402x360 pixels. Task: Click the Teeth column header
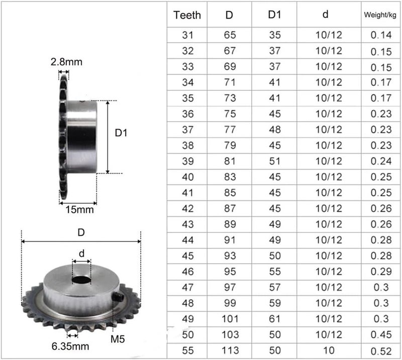point(187,15)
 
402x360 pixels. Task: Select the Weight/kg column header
point(380,15)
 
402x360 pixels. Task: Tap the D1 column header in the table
point(274,15)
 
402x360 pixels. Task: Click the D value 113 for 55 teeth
point(230,350)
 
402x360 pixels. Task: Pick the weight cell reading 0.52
point(381,351)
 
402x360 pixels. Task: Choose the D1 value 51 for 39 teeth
point(274,161)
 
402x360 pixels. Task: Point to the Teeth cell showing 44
point(187,240)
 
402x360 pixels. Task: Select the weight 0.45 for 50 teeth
point(381,334)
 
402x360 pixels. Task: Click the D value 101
point(230,319)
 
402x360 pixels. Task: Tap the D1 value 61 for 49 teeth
point(274,319)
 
